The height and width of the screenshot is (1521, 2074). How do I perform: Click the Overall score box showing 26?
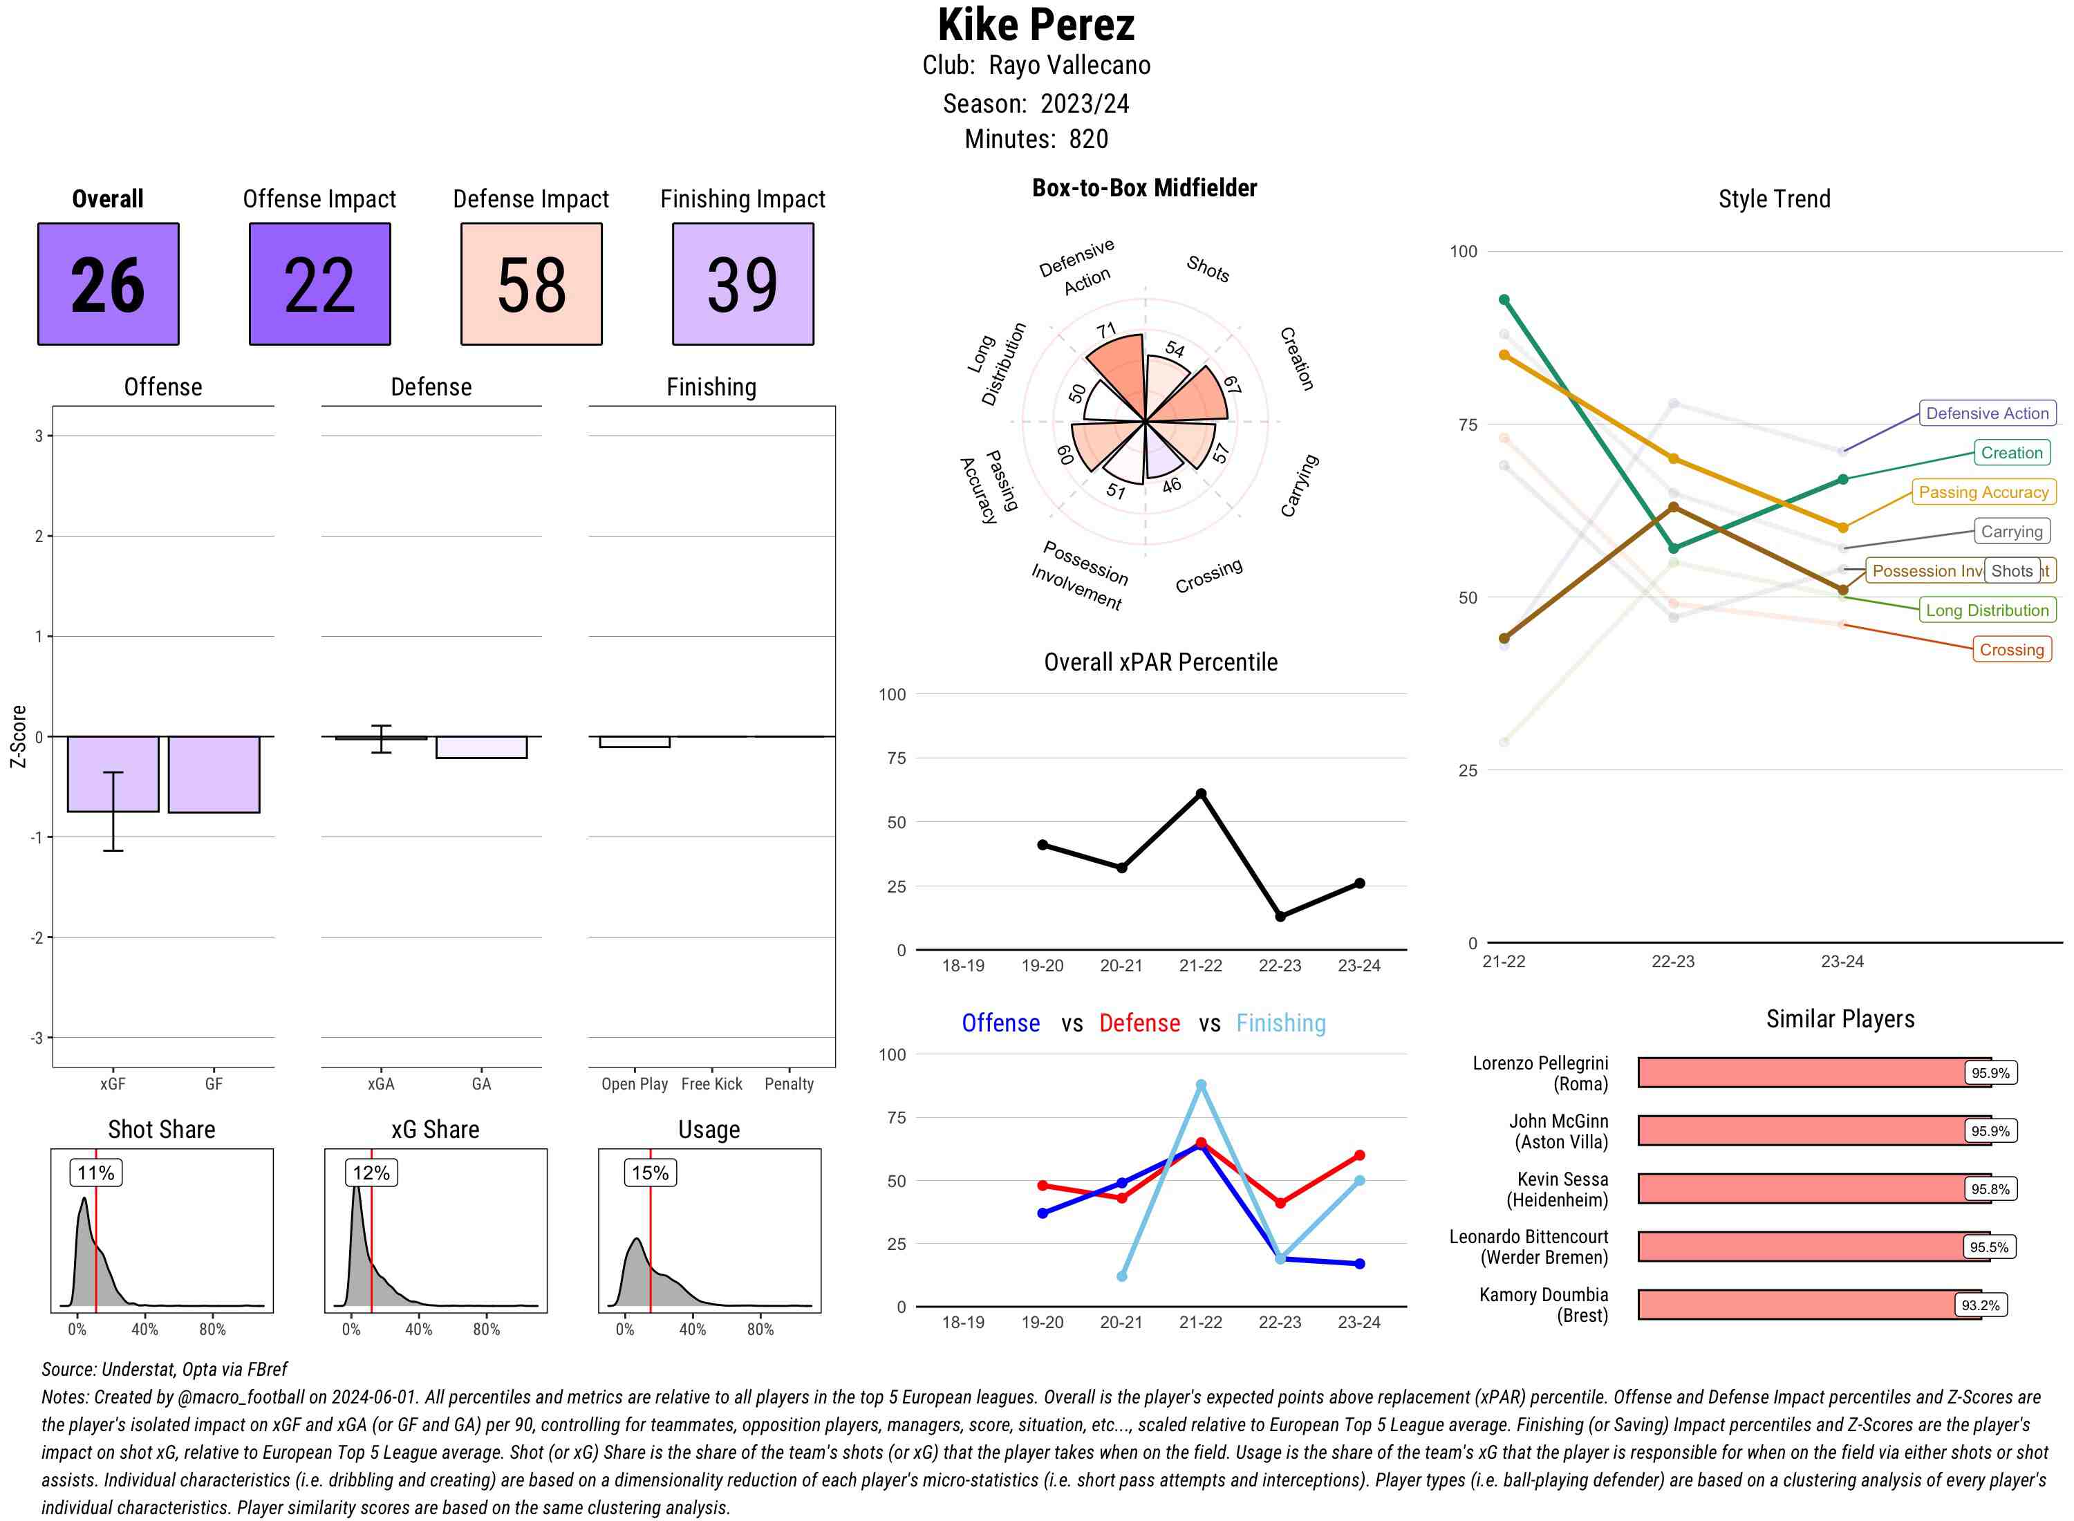pos(108,283)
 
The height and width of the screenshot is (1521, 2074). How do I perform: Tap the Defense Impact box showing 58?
pos(531,283)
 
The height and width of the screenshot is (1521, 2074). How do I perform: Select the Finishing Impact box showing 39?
pos(743,283)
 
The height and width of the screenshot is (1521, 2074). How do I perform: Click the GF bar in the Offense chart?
pos(214,774)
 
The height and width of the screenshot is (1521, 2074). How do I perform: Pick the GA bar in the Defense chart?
pos(481,747)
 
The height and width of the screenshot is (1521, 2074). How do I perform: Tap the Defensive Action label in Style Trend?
pos(1987,413)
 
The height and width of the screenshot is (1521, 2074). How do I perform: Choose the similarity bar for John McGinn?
pos(1813,1130)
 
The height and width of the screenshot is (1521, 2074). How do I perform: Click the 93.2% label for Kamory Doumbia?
pos(1979,1305)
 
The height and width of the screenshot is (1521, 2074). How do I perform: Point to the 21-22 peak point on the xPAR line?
pos(1200,794)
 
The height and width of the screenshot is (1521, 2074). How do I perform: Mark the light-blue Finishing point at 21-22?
pos(1200,1085)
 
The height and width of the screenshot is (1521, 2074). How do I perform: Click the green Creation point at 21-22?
pos(1504,300)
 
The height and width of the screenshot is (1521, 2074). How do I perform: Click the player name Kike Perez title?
pos(1036,26)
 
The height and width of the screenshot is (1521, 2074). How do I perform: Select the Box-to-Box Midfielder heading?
pos(1144,188)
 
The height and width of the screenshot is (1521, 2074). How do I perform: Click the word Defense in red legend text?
pos(1139,1023)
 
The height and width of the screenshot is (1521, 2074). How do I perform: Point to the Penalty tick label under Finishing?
pos(789,1083)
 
